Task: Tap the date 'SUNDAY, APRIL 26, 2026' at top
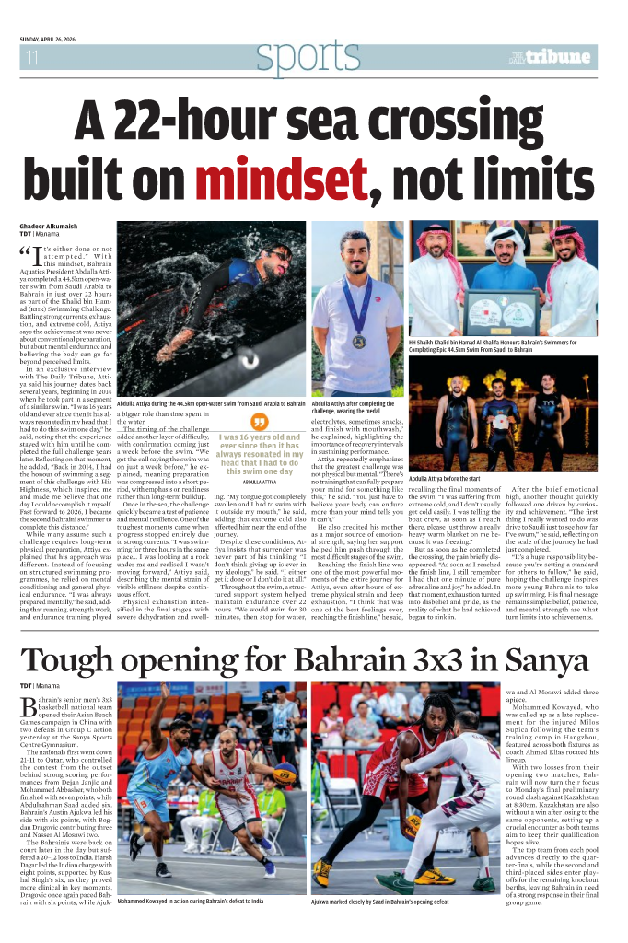click(61, 39)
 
